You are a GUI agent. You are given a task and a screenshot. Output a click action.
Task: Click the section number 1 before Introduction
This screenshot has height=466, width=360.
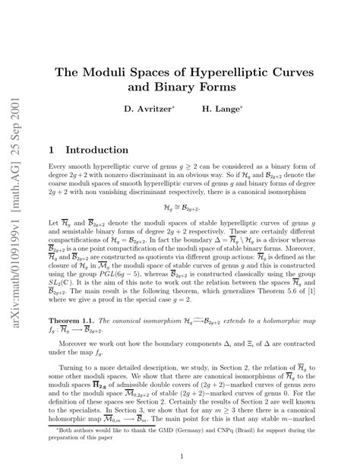pos(52,151)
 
